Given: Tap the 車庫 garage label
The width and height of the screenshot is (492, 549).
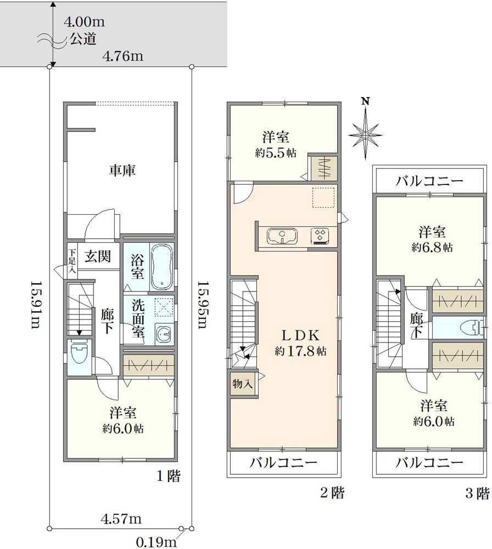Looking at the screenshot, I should click(x=122, y=171).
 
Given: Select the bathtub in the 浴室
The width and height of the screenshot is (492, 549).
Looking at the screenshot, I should click(x=161, y=267).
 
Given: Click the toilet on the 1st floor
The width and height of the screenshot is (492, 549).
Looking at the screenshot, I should click(x=79, y=356).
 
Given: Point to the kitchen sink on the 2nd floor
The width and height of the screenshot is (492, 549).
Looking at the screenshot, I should click(x=282, y=237).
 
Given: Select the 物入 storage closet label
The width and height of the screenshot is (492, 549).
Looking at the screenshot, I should click(x=243, y=384).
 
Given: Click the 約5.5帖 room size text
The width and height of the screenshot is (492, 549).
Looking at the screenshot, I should click(x=276, y=153).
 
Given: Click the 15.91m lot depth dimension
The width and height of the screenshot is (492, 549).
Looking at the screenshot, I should click(x=35, y=305).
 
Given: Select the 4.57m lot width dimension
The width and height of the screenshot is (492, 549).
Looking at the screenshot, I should click(x=121, y=518).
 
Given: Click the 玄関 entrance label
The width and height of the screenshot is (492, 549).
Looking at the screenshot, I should click(x=99, y=256).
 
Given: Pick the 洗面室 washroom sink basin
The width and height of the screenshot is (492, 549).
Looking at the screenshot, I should click(x=162, y=333).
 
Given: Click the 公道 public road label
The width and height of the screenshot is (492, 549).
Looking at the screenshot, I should click(x=84, y=40).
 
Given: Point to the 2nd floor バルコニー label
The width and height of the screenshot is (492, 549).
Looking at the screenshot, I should click(x=284, y=463).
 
